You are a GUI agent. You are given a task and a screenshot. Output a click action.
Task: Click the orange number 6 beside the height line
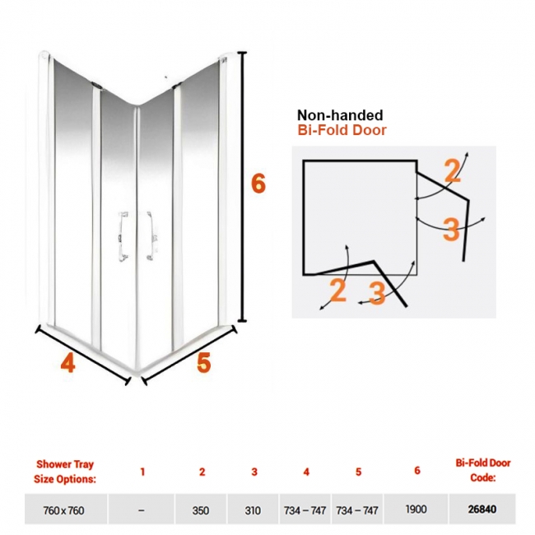(258, 184)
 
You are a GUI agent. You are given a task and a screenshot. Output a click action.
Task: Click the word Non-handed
(340, 115)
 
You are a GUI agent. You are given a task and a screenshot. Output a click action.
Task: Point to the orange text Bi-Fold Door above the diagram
(342, 130)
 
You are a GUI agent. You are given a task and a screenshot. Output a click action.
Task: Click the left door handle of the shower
(123, 236)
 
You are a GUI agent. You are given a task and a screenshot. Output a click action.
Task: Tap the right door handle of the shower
(151, 235)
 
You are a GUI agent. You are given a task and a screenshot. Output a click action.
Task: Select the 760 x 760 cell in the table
(64, 510)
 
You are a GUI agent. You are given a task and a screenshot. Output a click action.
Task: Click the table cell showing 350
(201, 510)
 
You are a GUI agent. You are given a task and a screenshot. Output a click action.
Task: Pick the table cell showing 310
(253, 510)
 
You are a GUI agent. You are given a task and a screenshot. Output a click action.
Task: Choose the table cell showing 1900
(416, 509)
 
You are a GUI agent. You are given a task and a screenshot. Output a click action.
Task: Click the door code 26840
(482, 509)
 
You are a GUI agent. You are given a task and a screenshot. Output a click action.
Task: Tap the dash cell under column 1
(142, 510)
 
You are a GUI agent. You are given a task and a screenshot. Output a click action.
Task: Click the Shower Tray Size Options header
(65, 472)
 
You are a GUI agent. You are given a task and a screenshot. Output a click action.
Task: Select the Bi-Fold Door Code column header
(483, 470)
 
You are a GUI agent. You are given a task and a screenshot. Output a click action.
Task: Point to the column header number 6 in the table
(417, 471)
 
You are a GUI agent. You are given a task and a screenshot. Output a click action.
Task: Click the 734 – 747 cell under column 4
(305, 510)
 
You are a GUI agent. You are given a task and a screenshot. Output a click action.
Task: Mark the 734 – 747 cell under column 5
(357, 510)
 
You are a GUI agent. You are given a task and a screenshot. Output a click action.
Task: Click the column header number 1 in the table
(142, 472)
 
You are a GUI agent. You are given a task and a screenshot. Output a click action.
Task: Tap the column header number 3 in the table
(254, 472)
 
